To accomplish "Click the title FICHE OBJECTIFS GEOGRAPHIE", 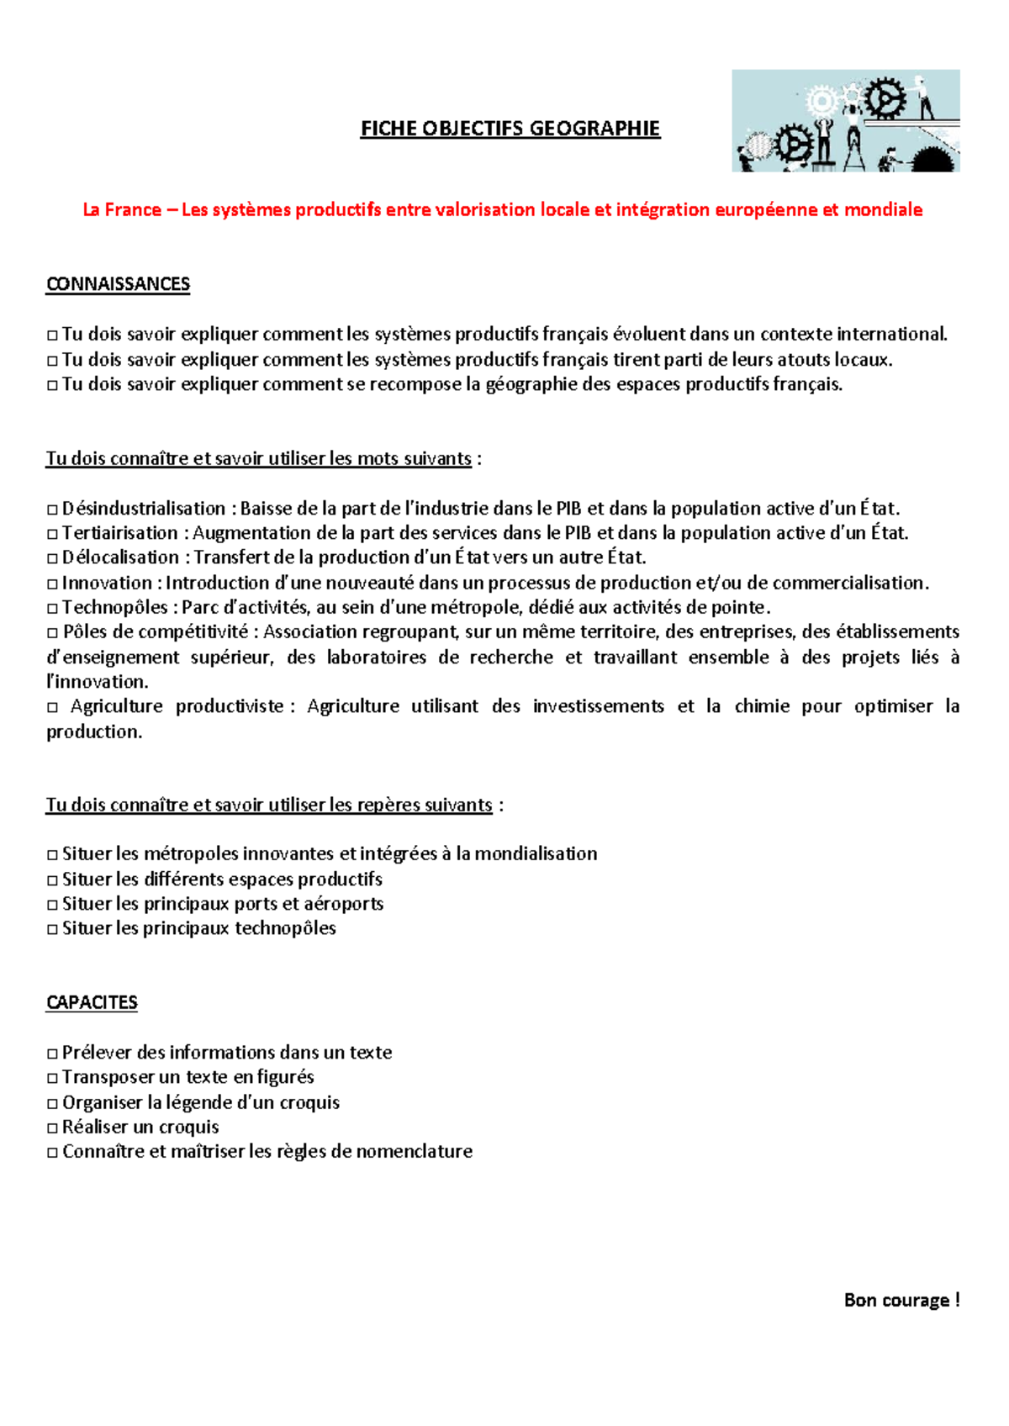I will click(510, 129).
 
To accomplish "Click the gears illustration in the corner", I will click(845, 121).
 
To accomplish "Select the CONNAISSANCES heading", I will click(118, 284).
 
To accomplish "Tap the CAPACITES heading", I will click(92, 1002).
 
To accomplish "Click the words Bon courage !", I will click(901, 1300).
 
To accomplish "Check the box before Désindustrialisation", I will click(52, 510).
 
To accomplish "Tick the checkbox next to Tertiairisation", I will click(52, 534).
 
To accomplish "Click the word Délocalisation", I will click(120, 557).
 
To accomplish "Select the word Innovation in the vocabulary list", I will click(107, 583).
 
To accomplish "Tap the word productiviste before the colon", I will click(230, 706).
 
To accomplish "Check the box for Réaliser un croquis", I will click(52, 1128).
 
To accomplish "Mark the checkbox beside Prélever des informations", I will click(52, 1054).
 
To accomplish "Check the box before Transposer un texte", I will click(52, 1078).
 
